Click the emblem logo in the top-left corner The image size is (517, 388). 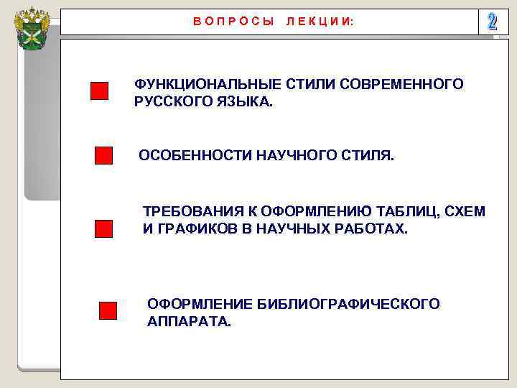[x=32, y=28]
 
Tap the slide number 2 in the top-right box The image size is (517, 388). [x=492, y=22]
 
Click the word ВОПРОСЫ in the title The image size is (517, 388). [x=234, y=22]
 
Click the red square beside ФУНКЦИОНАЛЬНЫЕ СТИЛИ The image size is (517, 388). [x=99, y=91]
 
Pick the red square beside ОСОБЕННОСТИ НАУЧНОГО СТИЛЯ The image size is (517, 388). [x=103, y=156]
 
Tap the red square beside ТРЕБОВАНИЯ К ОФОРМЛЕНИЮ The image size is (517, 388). [x=104, y=228]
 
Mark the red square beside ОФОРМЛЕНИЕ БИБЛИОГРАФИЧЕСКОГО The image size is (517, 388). [x=108, y=310]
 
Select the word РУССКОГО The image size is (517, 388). [x=169, y=102]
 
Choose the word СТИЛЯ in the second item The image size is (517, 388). [x=370, y=156]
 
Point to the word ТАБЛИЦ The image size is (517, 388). [x=410, y=211]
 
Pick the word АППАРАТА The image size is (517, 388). [x=189, y=322]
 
